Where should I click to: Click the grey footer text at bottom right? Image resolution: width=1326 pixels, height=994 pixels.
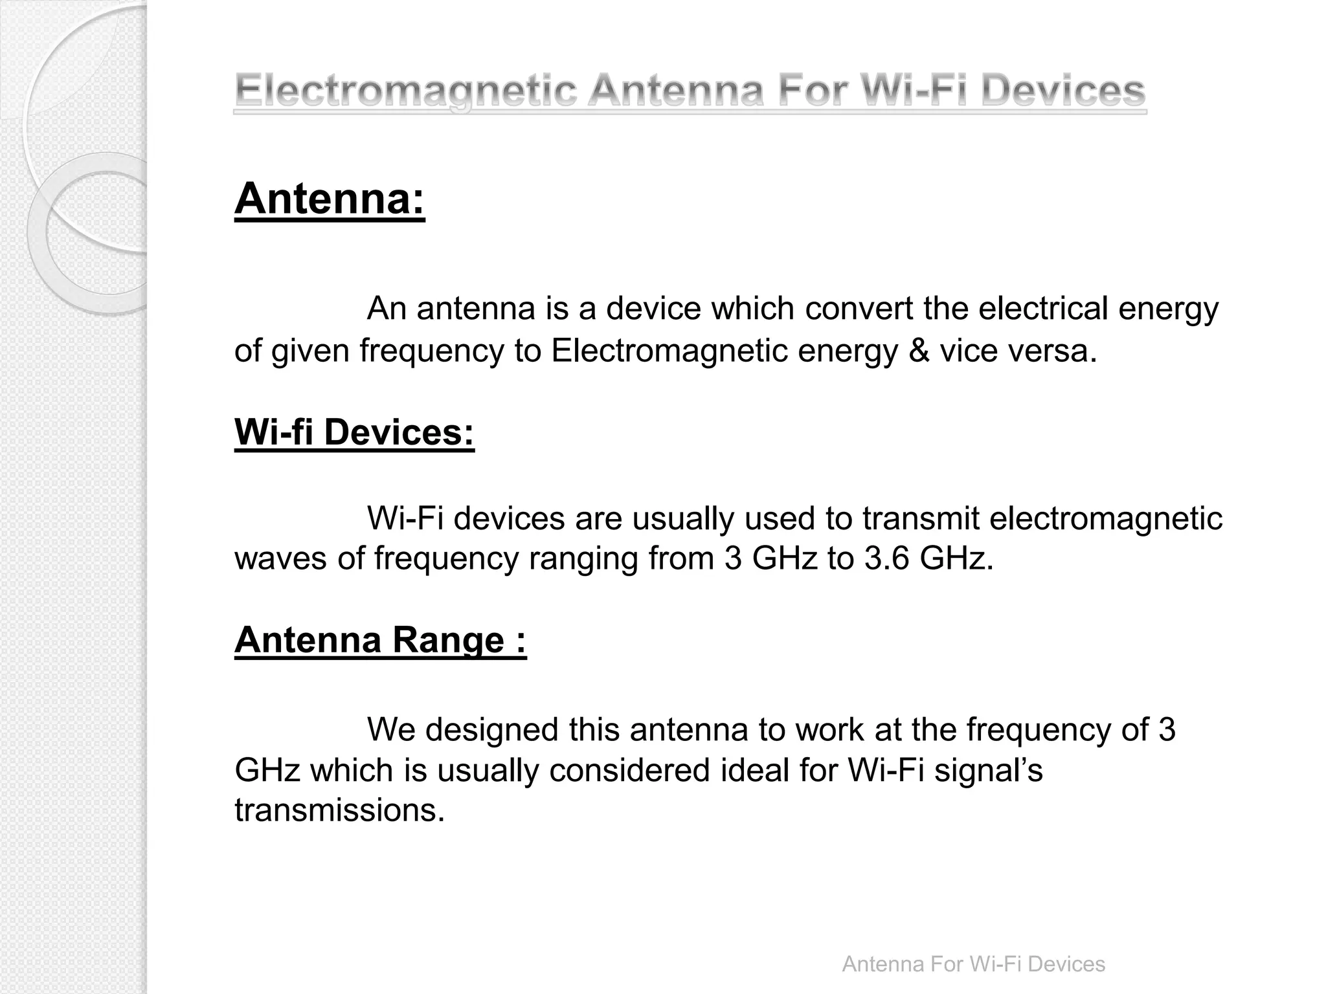coord(973,964)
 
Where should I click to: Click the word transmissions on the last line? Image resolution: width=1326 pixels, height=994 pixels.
coord(339,810)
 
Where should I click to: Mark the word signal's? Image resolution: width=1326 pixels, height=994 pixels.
coord(989,770)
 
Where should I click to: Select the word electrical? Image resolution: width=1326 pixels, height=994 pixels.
coord(1043,309)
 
